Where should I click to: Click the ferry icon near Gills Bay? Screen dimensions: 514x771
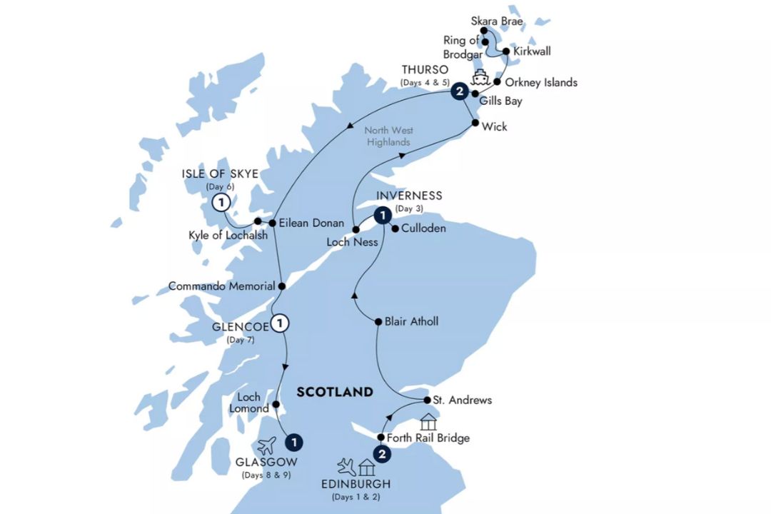click(478, 76)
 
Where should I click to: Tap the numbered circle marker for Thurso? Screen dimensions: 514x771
click(460, 91)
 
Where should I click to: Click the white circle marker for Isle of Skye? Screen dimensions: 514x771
click(222, 203)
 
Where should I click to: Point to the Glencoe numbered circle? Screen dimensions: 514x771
click(281, 322)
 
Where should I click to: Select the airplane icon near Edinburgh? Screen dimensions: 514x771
click(348, 467)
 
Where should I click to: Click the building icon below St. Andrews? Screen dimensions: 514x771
click(428, 421)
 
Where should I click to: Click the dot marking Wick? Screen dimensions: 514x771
click(475, 124)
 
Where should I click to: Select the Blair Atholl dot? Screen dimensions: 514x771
click(378, 322)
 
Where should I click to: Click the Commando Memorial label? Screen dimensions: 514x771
click(221, 286)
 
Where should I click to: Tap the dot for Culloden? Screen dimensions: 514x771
click(395, 229)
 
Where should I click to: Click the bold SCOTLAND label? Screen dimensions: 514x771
click(335, 392)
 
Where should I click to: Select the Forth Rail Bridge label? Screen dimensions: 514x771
click(428, 438)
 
